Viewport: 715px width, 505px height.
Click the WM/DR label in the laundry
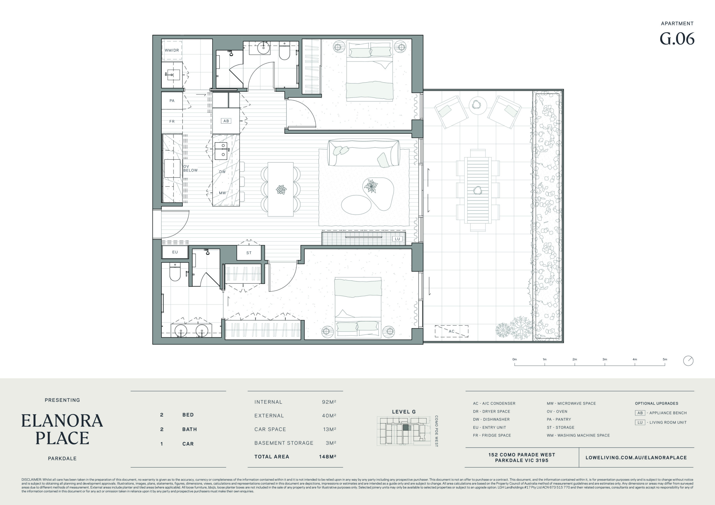point(172,50)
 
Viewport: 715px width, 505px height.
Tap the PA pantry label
point(172,101)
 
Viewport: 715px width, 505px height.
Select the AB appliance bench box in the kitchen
point(226,121)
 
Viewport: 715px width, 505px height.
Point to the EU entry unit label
point(175,252)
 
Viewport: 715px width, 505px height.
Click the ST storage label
point(249,253)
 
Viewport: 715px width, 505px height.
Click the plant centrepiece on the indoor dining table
point(281,190)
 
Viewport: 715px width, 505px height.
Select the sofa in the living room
point(363,153)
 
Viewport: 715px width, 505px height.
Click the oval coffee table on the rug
point(356,205)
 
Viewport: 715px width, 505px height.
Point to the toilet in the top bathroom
point(284,51)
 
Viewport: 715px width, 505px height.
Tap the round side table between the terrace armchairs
point(478,105)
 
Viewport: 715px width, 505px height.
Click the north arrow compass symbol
point(688,361)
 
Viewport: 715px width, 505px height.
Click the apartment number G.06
point(677,39)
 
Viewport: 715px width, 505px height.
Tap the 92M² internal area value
point(329,402)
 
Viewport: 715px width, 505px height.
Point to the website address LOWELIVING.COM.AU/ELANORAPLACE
point(636,458)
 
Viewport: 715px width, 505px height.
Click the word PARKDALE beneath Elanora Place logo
point(62,458)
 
